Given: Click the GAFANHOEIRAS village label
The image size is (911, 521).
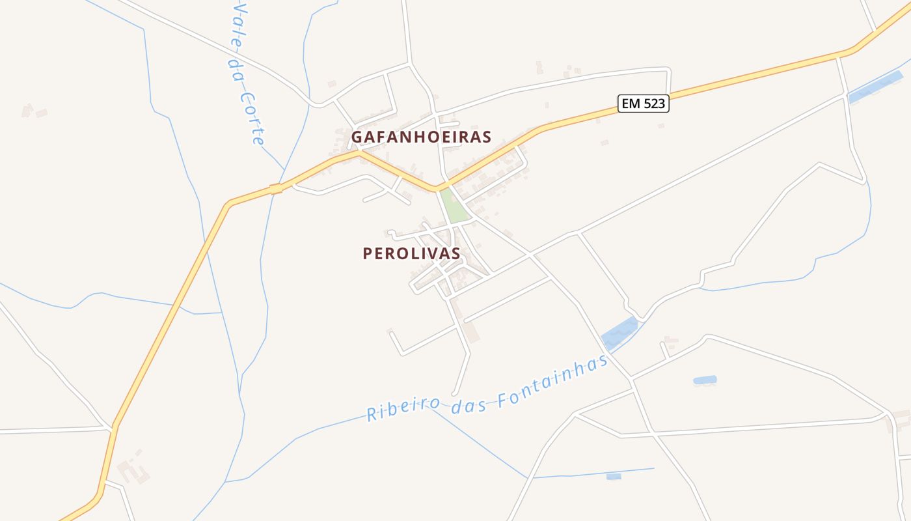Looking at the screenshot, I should tap(421, 137).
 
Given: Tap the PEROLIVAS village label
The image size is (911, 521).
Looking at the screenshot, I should tap(411, 253).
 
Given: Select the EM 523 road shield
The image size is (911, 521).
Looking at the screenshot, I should tap(643, 103).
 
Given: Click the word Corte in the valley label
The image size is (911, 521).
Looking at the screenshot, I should tap(252, 118).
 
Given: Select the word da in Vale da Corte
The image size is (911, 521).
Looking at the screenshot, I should tap(235, 70).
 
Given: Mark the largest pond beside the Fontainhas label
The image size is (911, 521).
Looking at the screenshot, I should tap(620, 333).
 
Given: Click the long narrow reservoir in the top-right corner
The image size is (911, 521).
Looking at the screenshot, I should tap(875, 87).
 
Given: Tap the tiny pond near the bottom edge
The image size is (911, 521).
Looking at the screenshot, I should tap(614, 477).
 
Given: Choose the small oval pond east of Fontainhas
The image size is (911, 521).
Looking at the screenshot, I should tap(705, 380).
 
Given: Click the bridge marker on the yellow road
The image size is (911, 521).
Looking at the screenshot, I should tap(276, 189).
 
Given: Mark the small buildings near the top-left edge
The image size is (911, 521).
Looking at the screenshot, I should tap(33, 111).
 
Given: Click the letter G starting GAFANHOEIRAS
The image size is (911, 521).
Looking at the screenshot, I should tap(357, 137).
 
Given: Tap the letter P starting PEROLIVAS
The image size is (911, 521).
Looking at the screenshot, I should tap(368, 253).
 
